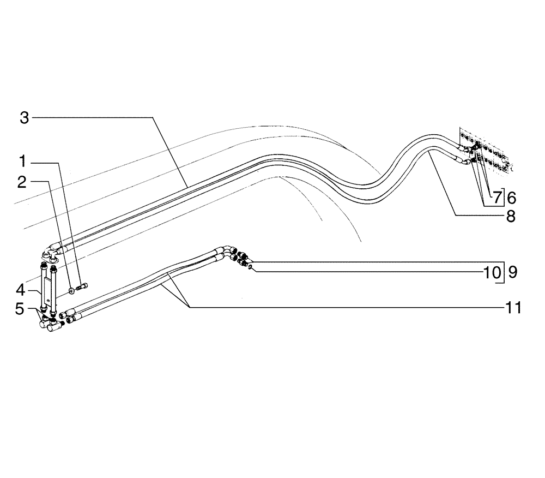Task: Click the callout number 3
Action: pyautogui.click(x=24, y=117)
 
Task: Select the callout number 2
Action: pyautogui.click(x=22, y=182)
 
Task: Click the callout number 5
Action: pyautogui.click(x=20, y=309)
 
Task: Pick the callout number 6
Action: pyautogui.click(x=511, y=198)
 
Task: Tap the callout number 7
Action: pyautogui.click(x=498, y=198)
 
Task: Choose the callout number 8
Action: pyautogui.click(x=511, y=216)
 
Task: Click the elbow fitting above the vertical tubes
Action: pyautogui.click(x=50, y=252)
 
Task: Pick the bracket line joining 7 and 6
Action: pyautogui.click(x=505, y=198)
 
